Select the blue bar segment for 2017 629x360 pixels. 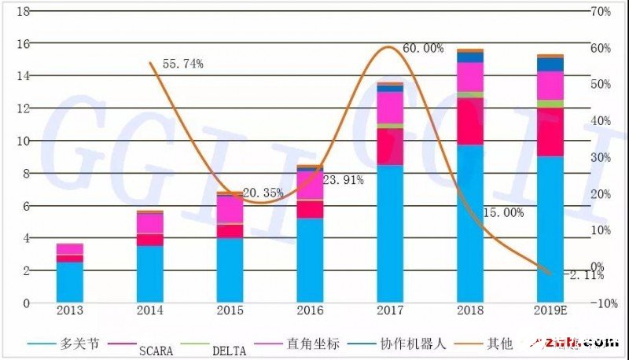click(x=391, y=233)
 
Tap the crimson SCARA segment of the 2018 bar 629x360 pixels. click(x=471, y=121)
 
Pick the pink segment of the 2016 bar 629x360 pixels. click(x=311, y=186)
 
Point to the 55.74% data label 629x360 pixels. click(x=182, y=64)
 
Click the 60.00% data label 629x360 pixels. click(x=423, y=48)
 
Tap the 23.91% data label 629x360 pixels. click(x=344, y=180)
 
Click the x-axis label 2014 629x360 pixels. click(x=150, y=311)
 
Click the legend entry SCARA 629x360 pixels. click(x=155, y=348)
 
